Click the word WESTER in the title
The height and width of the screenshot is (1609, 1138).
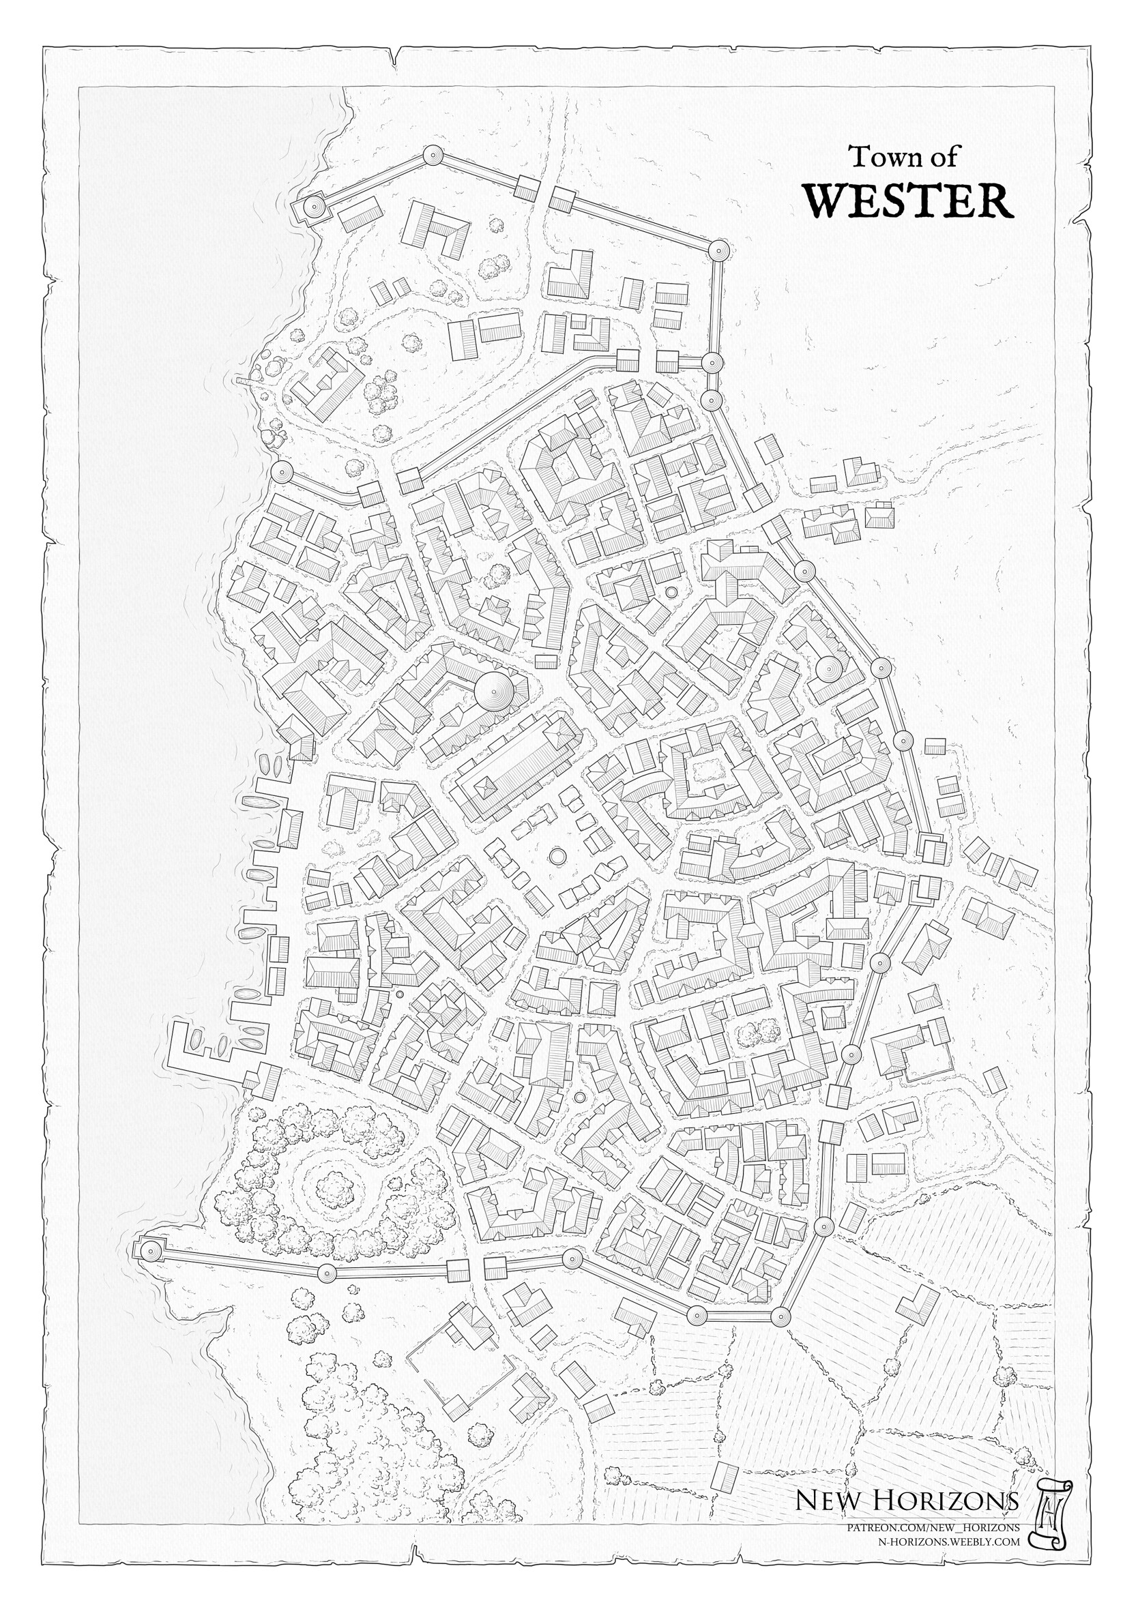908,201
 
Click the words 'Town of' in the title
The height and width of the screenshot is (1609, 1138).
903,157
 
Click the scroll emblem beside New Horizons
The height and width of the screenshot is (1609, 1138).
1050,1534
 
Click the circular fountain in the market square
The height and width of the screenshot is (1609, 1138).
557,857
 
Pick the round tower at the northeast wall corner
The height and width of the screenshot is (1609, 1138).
718,250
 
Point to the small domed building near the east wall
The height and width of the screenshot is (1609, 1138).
828,670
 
